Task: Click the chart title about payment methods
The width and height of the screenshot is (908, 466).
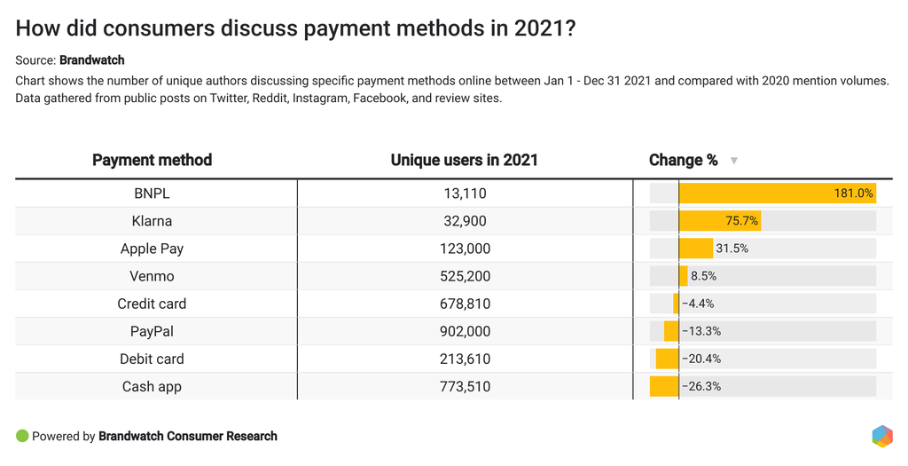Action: coord(296,28)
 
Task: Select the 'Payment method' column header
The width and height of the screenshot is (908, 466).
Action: coord(152,161)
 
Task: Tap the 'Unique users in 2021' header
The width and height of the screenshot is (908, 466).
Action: coord(464,161)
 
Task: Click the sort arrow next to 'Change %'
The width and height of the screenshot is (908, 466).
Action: coord(733,161)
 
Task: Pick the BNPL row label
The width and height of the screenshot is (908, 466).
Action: coord(152,194)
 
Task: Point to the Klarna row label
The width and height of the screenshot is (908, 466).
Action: coord(152,221)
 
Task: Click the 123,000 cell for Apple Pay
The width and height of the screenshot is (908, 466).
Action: coord(465,249)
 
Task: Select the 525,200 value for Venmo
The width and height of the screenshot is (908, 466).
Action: coord(465,276)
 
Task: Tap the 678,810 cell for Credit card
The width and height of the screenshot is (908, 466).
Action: coord(465,304)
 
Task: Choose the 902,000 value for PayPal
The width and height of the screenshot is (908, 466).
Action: coord(465,331)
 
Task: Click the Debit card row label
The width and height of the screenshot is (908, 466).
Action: coord(152,359)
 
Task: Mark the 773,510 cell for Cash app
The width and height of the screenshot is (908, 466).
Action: coord(465,386)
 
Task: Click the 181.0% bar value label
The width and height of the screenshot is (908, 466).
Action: coord(853,194)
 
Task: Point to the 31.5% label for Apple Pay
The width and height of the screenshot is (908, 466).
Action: coord(732,249)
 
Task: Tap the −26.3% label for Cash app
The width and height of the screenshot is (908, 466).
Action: coord(701,386)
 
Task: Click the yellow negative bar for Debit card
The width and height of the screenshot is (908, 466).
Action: coord(667,359)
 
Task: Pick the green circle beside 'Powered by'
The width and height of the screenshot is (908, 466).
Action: coord(22,436)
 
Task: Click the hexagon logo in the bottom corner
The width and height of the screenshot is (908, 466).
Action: coord(881,436)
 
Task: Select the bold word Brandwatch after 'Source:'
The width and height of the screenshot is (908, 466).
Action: coord(92,60)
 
